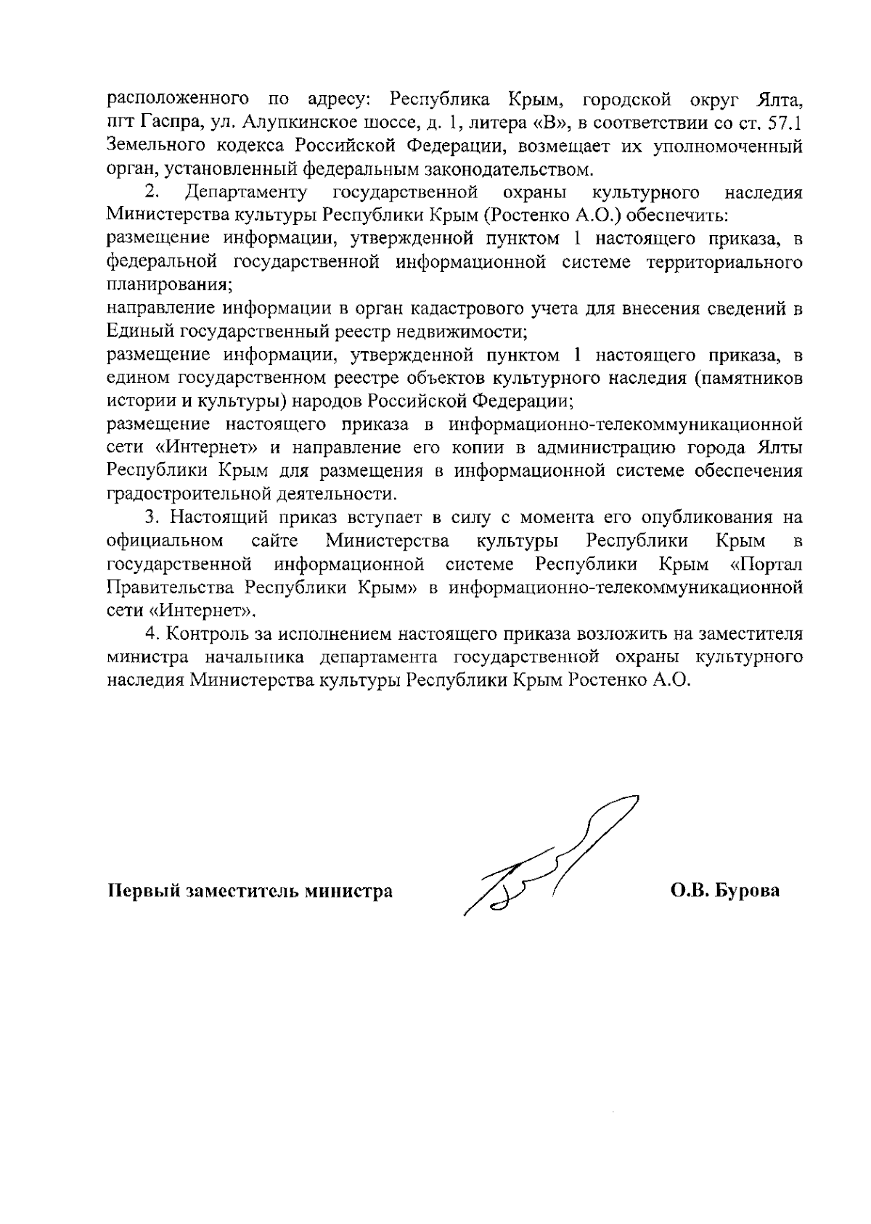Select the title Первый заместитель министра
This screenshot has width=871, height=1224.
click(x=250, y=891)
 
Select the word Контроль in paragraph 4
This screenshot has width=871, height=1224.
click(x=205, y=633)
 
